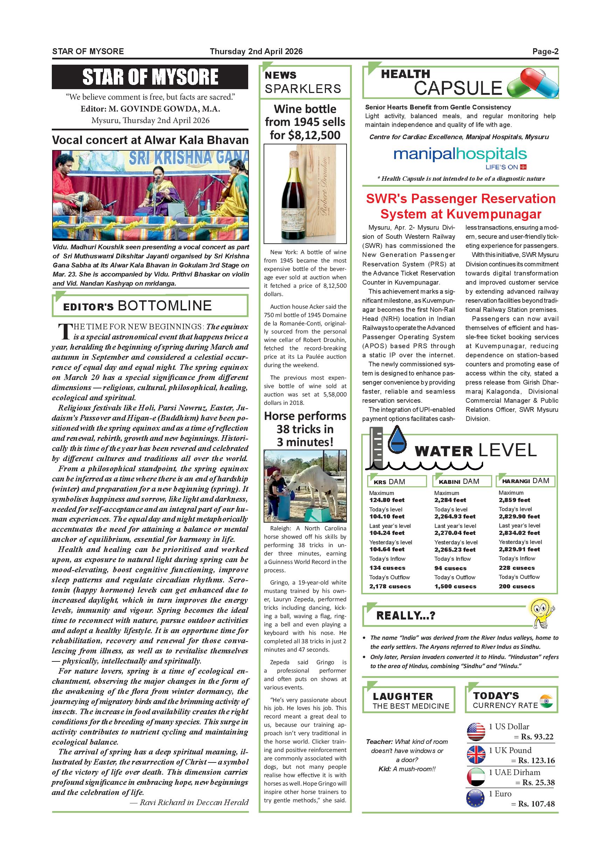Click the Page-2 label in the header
coord(545,51)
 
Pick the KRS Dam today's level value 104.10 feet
coord(387,516)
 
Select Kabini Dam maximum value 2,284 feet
coord(450,500)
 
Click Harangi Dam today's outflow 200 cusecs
coord(516,586)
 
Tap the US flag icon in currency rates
coord(476,732)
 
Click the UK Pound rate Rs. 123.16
coord(536,760)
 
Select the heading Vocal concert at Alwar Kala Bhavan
coord(150,140)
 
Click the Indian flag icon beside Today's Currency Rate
coord(546,701)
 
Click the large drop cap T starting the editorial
coord(64,331)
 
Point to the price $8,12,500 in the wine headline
coord(314,135)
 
